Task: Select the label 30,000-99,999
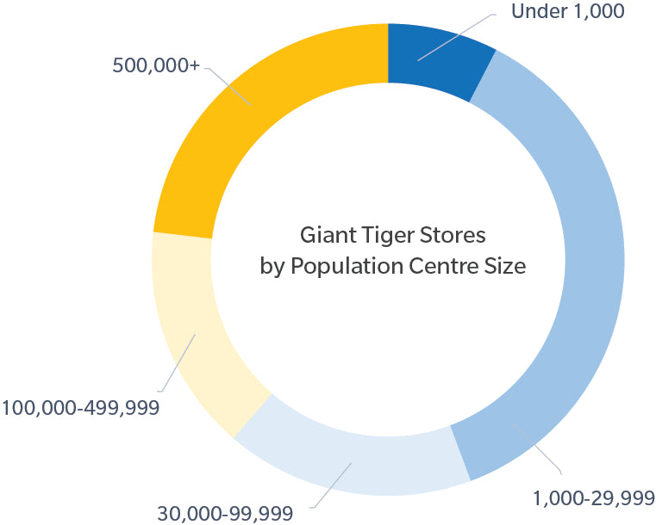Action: (225, 514)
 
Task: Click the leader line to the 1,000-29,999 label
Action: (539, 451)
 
